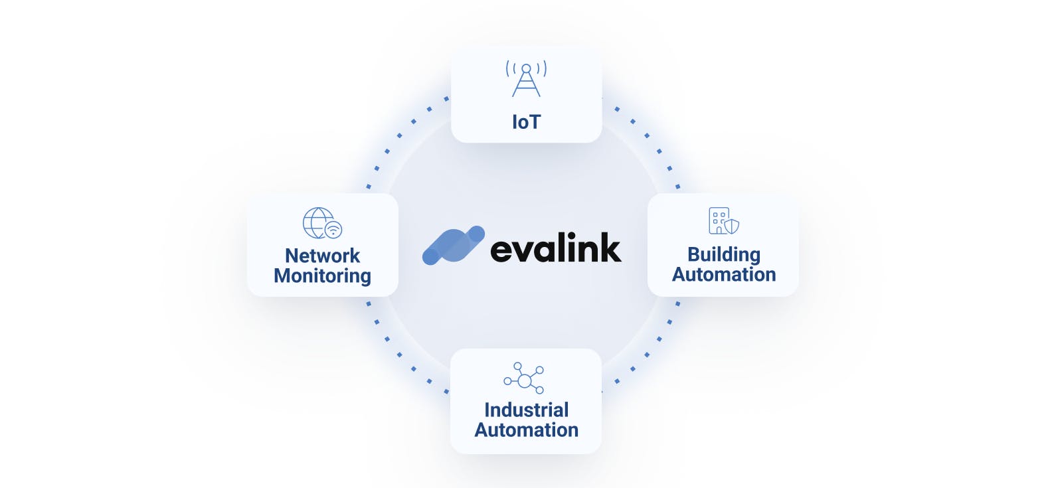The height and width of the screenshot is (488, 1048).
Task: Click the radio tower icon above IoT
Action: point(526,79)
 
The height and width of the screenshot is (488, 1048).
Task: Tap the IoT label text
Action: point(526,122)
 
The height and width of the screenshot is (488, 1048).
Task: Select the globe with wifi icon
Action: point(322,223)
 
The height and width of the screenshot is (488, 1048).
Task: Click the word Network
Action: point(322,256)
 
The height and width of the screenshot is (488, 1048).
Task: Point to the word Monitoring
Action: point(322,276)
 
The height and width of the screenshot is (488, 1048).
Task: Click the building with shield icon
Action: point(723,221)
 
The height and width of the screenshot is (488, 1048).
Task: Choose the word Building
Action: point(723,254)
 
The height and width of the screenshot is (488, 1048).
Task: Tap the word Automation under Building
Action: point(723,274)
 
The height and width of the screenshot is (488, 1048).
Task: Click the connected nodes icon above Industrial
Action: point(524,378)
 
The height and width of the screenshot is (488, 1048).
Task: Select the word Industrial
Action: point(526,410)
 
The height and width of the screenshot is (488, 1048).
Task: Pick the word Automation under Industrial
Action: point(526,430)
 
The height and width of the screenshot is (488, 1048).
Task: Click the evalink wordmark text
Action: point(555,248)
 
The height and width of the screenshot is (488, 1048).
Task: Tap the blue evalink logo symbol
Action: point(454,245)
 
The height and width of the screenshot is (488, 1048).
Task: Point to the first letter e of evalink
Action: point(503,251)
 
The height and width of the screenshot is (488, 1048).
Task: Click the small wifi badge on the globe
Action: point(333,230)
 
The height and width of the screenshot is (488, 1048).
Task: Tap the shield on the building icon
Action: point(731,226)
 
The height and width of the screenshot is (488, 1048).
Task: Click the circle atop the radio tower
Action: point(526,68)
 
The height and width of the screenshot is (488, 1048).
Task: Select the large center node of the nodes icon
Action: point(525,380)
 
